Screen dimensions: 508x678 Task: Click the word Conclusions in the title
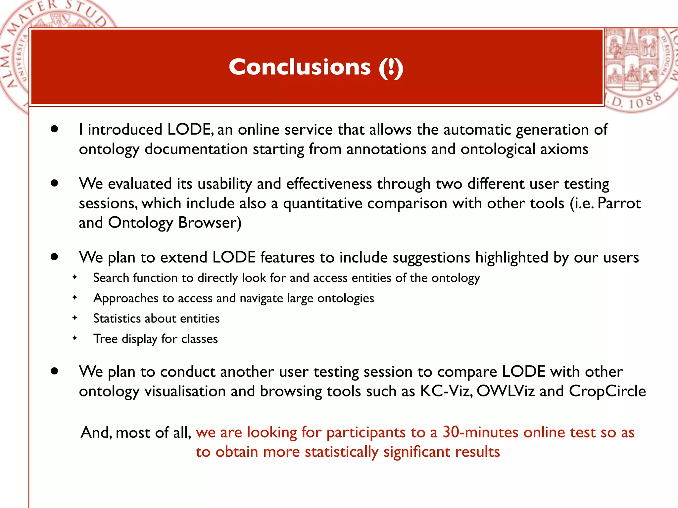(300, 67)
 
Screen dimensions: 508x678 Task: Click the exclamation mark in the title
(391, 68)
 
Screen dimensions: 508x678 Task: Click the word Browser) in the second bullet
(210, 223)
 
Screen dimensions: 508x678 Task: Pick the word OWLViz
(506, 391)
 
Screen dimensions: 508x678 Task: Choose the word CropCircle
(607, 391)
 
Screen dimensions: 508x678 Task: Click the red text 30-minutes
(480, 432)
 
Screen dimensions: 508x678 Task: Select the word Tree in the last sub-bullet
(105, 339)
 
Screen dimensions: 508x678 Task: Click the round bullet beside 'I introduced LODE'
(55, 129)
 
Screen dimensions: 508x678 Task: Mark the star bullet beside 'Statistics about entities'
(75, 318)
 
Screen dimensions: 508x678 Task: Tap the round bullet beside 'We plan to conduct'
(55, 371)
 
